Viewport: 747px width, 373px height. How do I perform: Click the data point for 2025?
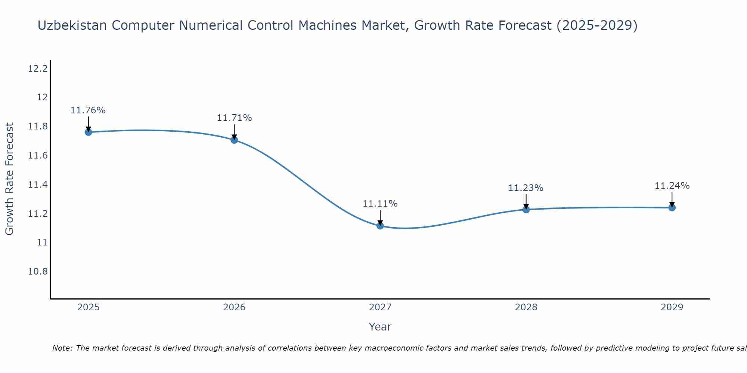(x=89, y=132)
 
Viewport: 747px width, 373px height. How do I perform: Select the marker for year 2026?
(x=234, y=140)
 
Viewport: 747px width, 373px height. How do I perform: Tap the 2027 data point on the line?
(x=380, y=226)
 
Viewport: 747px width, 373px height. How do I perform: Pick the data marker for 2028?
(x=526, y=209)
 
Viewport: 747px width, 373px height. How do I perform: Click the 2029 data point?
(x=672, y=207)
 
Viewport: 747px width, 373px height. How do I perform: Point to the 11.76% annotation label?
(x=88, y=110)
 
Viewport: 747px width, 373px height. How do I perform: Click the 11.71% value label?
(x=234, y=118)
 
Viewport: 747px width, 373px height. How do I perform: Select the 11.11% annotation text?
(x=380, y=204)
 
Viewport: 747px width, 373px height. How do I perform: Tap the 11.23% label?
(x=526, y=188)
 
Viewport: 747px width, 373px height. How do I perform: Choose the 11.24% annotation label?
(x=672, y=186)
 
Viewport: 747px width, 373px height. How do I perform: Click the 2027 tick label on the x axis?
(x=380, y=307)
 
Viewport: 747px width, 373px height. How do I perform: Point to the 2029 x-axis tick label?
(x=672, y=307)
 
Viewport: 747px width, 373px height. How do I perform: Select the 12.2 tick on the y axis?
(x=38, y=69)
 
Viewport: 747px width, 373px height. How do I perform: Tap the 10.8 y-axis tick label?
(x=38, y=272)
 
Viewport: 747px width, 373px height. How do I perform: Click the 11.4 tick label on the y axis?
(x=38, y=185)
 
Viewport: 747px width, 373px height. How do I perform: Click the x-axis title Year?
(x=380, y=327)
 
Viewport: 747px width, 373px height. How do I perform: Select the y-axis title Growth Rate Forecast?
(x=10, y=179)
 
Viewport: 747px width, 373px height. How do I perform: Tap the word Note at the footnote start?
(x=62, y=348)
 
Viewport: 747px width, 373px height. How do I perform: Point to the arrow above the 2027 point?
(x=380, y=217)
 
